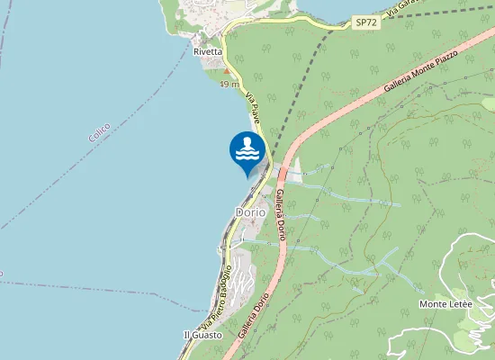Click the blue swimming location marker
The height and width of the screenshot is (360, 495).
pos(248,153)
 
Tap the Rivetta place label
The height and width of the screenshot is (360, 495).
pos(208,52)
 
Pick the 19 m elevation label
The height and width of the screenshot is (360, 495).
pos(229,85)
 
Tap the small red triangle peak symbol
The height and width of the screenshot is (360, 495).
pos(229,73)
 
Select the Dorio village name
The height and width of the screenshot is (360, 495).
pos(249,212)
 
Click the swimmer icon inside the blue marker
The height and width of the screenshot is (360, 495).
pos(248,148)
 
